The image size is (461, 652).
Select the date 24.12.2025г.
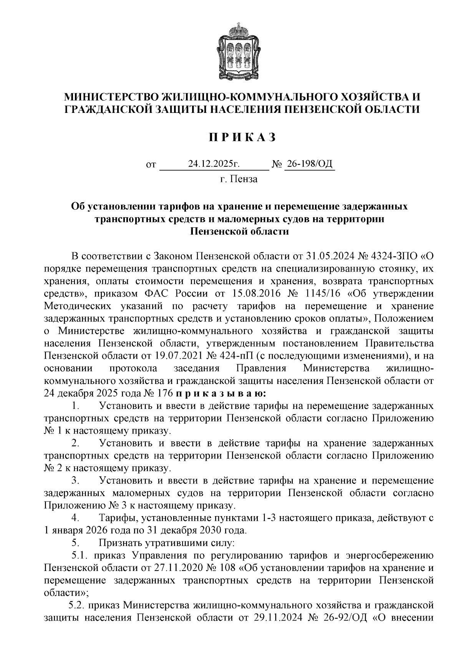(x=214, y=165)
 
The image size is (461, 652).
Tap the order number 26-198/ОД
(x=309, y=165)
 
